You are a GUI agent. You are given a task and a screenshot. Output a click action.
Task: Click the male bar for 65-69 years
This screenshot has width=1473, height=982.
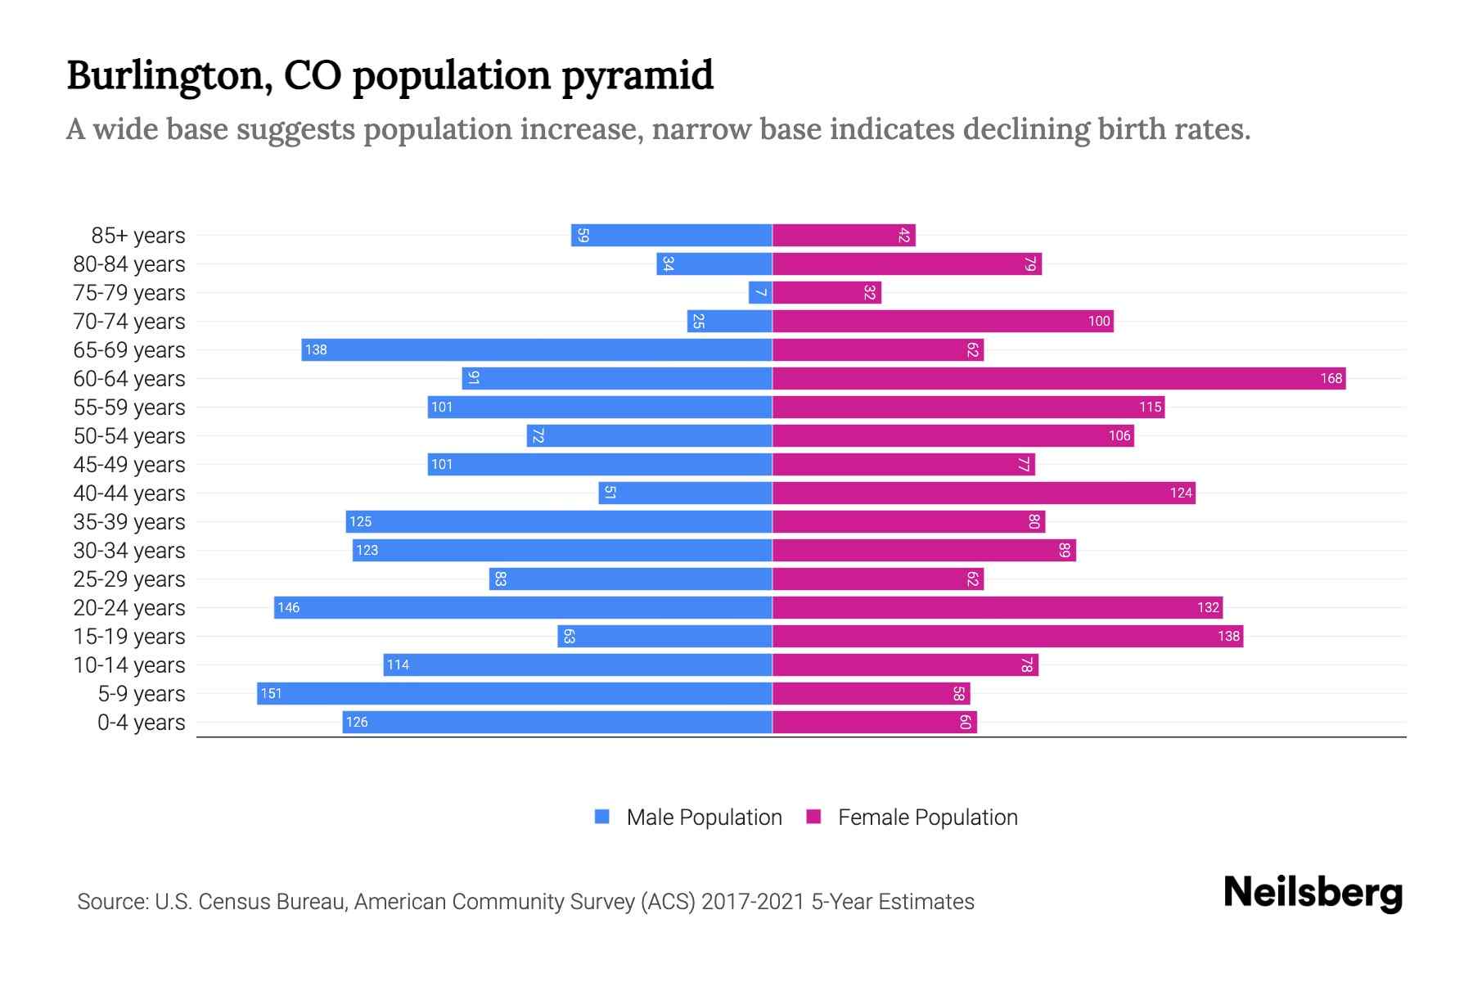(537, 350)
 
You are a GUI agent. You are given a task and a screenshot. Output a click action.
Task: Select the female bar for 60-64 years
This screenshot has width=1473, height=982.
(1059, 379)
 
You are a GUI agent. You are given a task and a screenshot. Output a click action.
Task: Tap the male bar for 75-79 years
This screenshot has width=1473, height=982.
(760, 293)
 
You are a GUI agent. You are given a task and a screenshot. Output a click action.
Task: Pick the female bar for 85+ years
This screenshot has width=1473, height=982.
(844, 236)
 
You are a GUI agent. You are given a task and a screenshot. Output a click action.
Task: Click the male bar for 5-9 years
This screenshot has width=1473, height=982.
(515, 694)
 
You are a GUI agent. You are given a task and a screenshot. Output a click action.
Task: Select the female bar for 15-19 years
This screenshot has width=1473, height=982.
(1007, 637)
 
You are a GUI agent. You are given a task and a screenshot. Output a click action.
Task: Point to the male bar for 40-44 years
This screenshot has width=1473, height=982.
(686, 493)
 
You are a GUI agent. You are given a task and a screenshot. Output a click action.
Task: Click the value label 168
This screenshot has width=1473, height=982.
(1331, 379)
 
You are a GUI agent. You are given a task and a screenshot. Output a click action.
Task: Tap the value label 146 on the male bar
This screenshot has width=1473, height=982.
(289, 608)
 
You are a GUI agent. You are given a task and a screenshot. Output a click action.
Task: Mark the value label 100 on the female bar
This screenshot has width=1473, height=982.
(1099, 322)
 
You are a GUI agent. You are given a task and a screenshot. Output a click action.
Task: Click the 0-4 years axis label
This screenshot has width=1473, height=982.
(141, 723)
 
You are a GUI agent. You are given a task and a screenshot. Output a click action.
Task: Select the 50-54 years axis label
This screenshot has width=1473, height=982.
(129, 436)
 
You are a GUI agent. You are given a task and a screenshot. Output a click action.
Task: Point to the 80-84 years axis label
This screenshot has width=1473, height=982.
(129, 264)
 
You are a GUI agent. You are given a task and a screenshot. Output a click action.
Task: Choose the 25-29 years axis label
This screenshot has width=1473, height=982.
(129, 579)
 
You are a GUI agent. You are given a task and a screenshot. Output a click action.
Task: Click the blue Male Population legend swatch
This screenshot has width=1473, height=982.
(602, 817)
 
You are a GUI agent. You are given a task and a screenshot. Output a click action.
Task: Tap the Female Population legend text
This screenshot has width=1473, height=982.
(927, 818)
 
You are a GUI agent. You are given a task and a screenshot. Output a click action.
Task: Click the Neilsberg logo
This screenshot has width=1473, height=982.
(1313, 893)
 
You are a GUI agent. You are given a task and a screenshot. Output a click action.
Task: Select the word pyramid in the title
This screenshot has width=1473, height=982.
(637, 76)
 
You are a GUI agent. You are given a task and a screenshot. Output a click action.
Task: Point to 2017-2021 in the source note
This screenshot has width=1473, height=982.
(753, 902)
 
